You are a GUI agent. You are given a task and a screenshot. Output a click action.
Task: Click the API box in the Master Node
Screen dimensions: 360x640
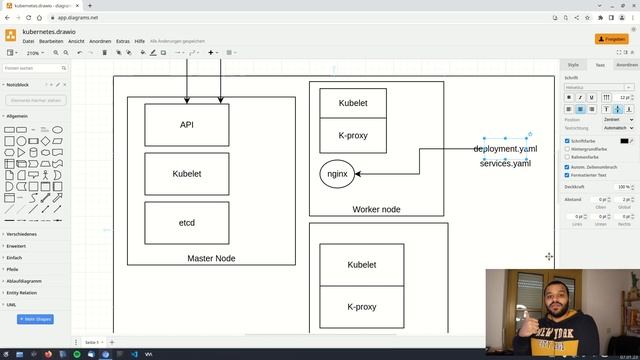(x=186, y=125)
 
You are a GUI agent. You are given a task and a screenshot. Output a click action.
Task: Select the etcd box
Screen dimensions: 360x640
(x=186, y=222)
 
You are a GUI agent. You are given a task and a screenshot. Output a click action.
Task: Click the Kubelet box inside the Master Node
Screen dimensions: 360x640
(x=186, y=174)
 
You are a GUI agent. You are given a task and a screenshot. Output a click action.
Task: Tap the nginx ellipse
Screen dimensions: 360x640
(x=337, y=173)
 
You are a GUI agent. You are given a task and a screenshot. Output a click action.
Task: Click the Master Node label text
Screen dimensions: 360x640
(x=211, y=258)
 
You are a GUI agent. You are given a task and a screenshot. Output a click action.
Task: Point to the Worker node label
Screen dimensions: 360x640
(x=376, y=209)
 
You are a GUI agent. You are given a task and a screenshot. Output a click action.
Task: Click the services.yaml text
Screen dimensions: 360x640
(x=505, y=163)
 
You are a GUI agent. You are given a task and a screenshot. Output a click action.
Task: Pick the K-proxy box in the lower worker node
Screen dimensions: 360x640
(x=361, y=307)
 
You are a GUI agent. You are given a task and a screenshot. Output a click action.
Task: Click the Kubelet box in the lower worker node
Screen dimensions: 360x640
(x=361, y=265)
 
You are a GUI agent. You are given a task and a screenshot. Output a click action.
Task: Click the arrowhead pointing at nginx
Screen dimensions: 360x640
(x=359, y=173)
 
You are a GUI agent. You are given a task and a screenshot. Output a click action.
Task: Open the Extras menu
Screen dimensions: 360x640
(x=123, y=41)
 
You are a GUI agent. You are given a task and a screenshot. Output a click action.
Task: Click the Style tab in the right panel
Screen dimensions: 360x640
(x=573, y=64)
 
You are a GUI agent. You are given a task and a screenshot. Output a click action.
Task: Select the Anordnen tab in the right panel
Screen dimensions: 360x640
(x=627, y=64)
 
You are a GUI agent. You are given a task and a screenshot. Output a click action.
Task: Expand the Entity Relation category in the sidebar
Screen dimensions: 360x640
(x=22, y=293)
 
